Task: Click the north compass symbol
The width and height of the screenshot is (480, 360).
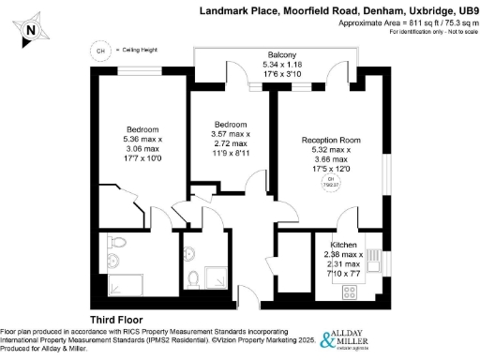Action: click(31, 28)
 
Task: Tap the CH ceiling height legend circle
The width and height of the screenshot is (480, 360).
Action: click(98, 51)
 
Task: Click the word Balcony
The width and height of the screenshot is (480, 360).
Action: click(282, 56)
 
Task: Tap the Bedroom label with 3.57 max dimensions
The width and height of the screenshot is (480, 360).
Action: click(230, 125)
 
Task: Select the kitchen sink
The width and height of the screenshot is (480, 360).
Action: click(370, 261)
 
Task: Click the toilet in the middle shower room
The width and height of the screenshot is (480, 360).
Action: click(193, 277)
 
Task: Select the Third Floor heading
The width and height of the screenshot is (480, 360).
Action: click(114, 320)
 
